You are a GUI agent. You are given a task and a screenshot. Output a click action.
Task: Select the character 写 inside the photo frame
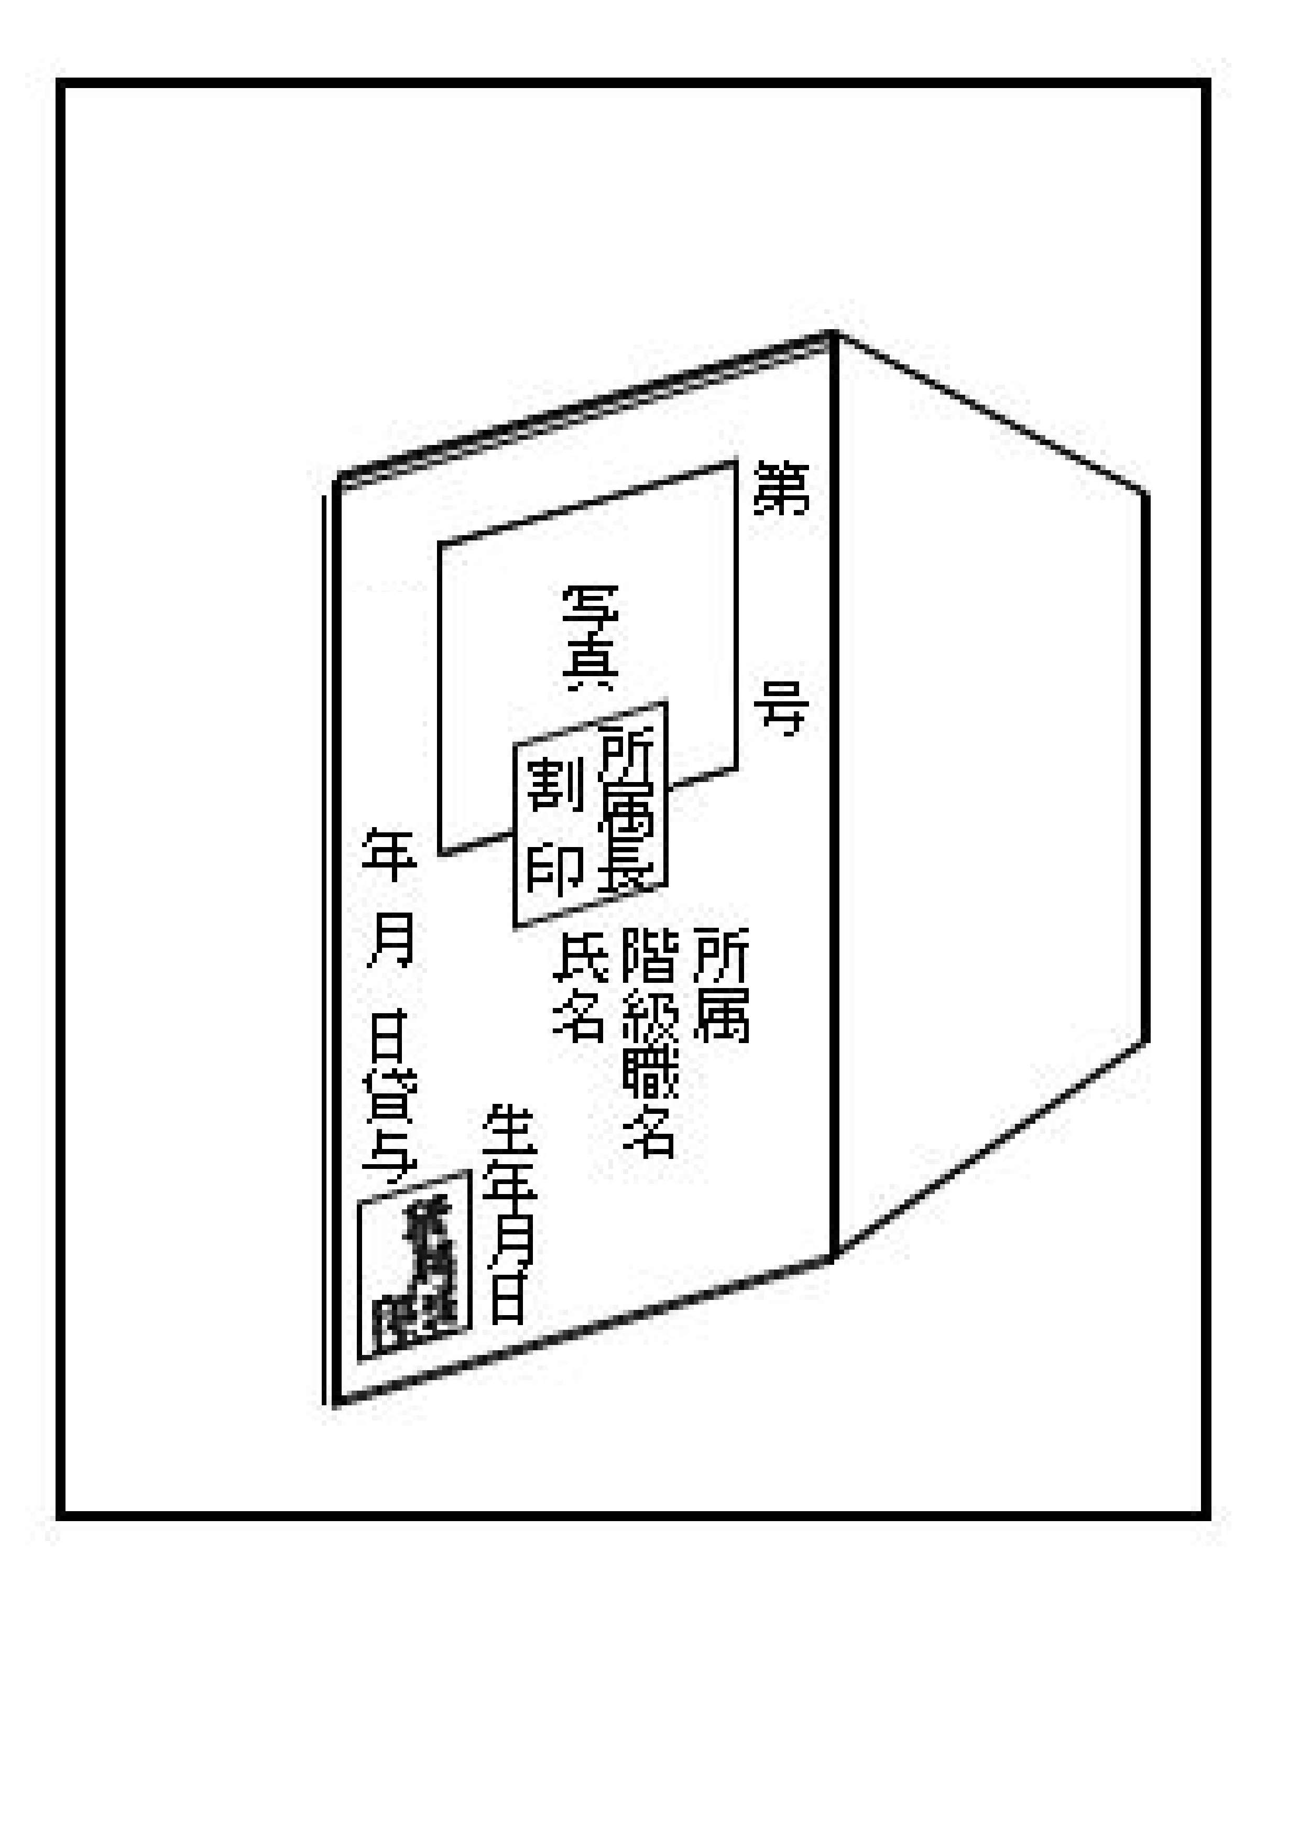(590, 613)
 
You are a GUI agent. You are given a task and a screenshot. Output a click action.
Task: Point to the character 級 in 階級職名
(650, 1015)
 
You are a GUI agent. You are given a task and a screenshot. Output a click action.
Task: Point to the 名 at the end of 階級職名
(650, 1133)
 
